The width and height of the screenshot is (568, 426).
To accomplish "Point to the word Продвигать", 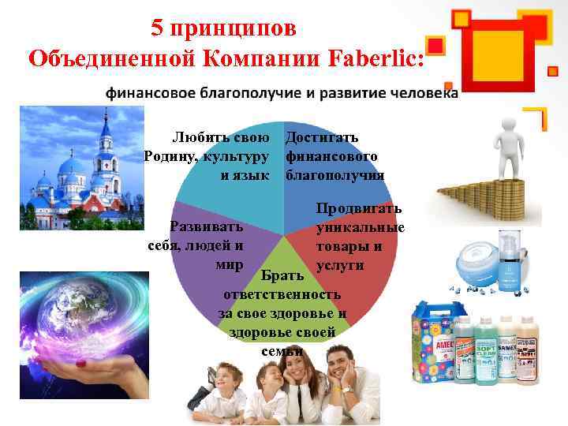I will [x=359, y=208].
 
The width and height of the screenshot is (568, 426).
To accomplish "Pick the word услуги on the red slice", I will [x=339, y=265].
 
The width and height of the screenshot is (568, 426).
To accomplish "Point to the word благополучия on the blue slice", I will [x=335, y=175].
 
